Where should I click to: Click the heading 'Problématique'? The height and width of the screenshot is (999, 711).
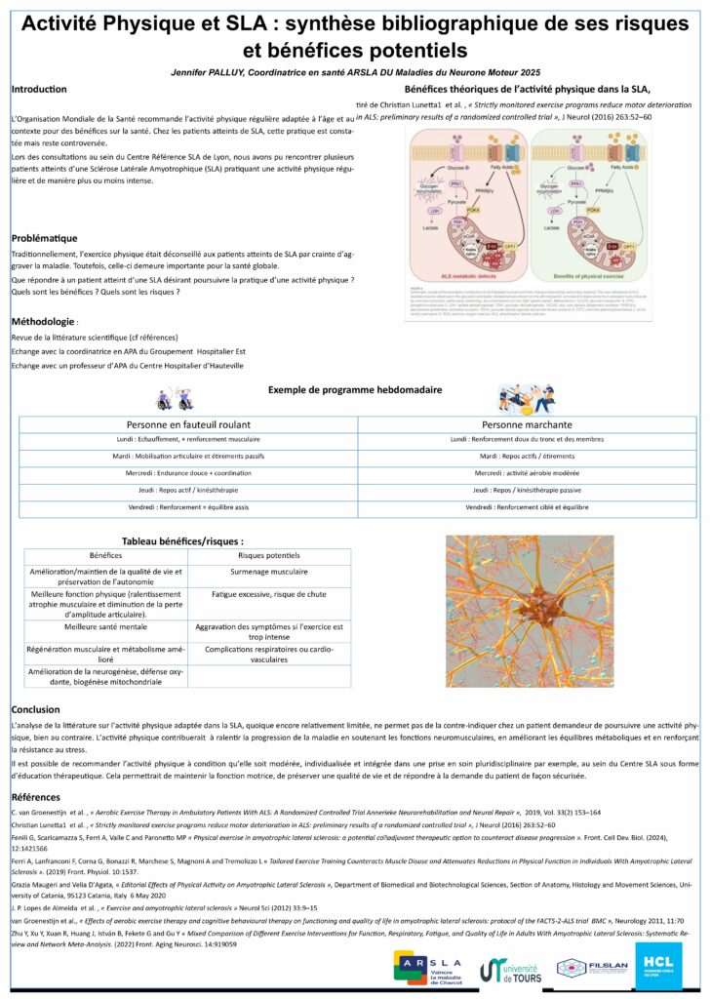(44, 238)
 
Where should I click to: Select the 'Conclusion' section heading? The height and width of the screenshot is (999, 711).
(35, 709)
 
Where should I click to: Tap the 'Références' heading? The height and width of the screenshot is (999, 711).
(37, 797)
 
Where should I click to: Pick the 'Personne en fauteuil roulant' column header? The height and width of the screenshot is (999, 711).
(188, 425)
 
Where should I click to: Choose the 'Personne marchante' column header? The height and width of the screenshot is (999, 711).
(527, 425)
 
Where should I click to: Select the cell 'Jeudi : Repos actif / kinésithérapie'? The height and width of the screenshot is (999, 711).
(188, 491)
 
